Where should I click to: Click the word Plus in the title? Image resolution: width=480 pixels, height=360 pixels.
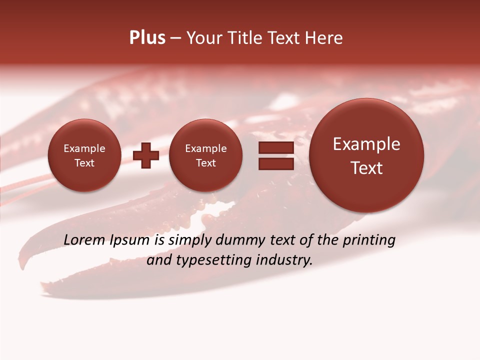point(147,38)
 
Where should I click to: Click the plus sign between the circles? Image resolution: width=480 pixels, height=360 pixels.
point(146,155)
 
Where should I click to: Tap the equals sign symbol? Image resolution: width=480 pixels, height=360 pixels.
point(275,155)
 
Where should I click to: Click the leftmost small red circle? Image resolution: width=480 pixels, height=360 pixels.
point(84,155)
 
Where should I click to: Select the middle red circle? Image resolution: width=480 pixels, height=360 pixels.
point(205,155)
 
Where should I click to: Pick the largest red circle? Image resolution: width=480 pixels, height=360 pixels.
point(366,155)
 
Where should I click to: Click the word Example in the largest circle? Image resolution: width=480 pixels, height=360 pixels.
point(366,144)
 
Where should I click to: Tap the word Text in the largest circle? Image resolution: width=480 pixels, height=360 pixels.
point(366,168)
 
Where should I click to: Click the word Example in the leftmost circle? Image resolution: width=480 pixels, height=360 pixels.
point(84,148)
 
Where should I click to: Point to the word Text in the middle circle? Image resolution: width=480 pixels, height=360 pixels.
point(205,163)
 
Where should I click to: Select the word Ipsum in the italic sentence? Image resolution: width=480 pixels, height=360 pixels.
point(130,240)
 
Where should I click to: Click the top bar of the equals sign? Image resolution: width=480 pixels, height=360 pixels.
point(275,148)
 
